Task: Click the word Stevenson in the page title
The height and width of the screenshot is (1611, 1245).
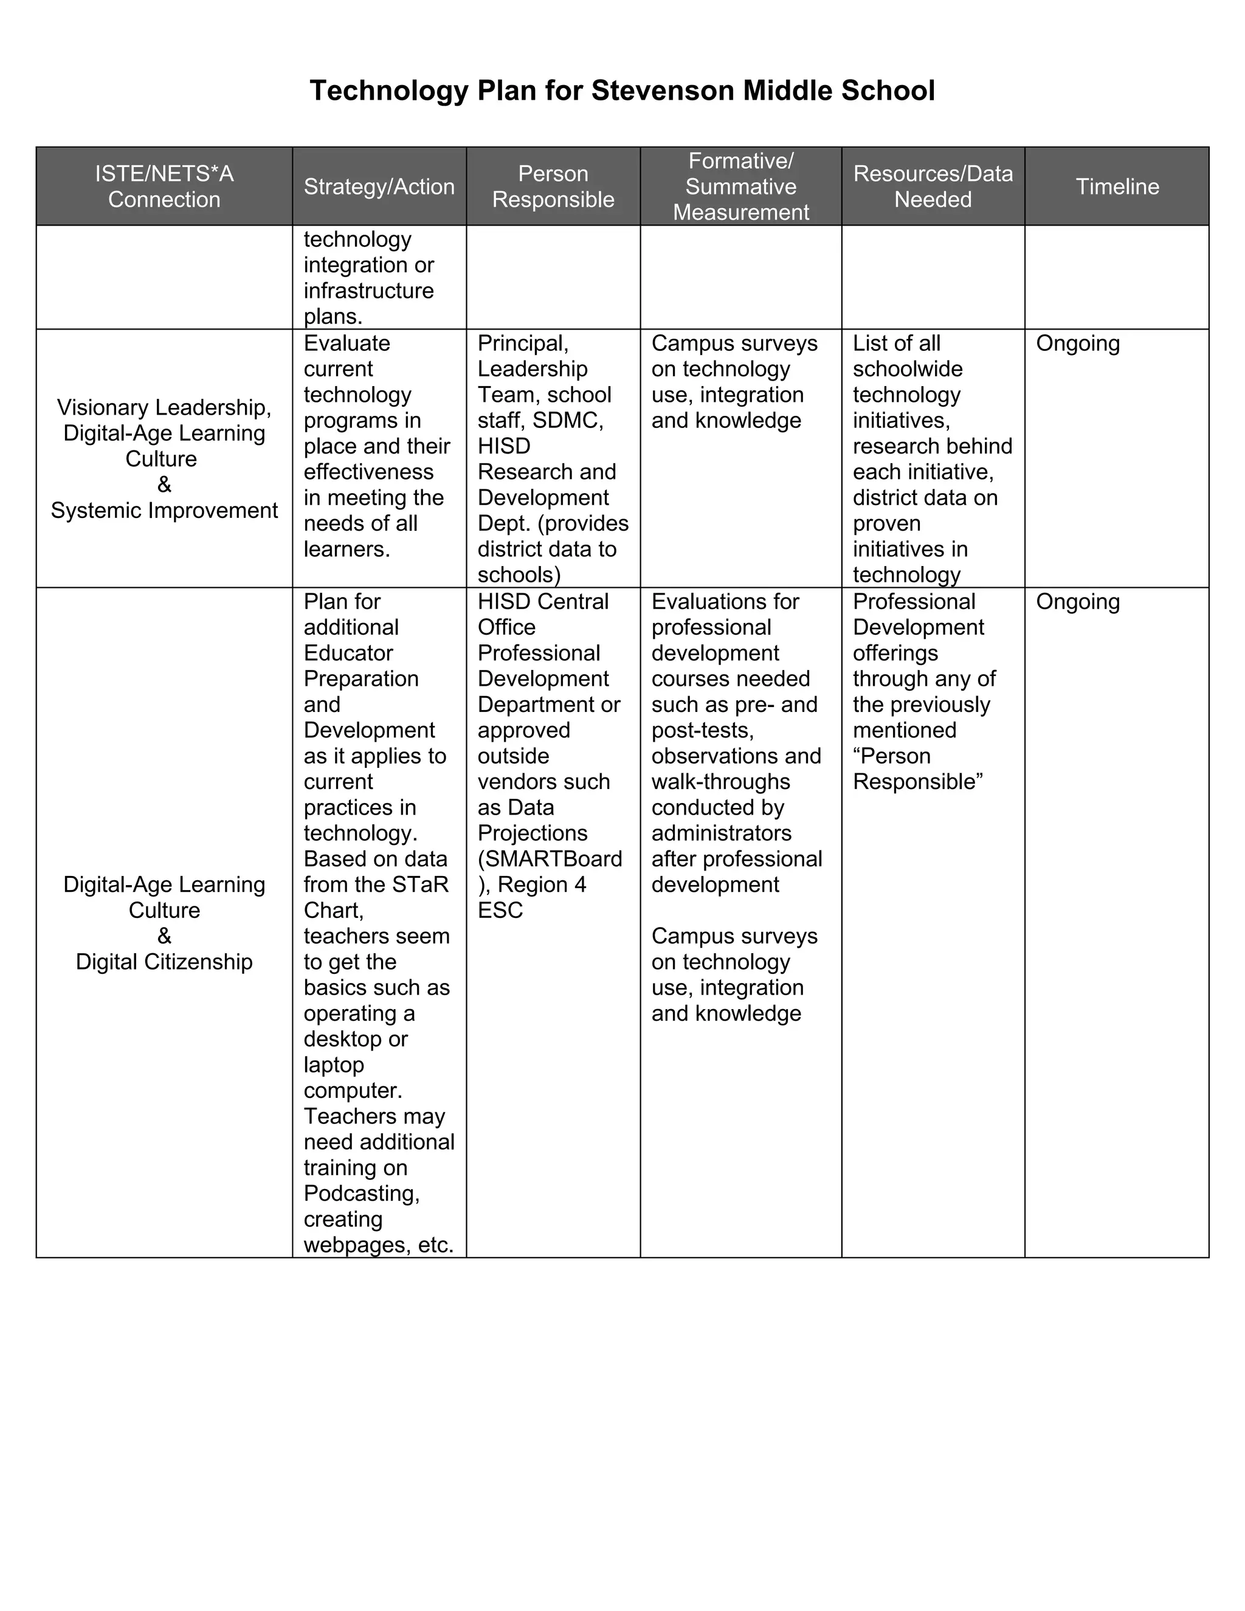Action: tap(663, 91)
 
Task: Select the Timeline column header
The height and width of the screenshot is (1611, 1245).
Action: tap(1117, 187)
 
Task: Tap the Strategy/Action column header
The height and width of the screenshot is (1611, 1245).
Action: tap(379, 187)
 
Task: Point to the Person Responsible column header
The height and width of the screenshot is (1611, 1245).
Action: tap(553, 187)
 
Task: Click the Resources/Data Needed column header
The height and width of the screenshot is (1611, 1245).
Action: tap(933, 187)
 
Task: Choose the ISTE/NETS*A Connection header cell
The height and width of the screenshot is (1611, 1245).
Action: tap(164, 187)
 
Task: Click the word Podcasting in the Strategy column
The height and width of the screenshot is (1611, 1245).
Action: tap(360, 1193)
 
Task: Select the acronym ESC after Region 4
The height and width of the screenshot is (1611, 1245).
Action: tap(500, 910)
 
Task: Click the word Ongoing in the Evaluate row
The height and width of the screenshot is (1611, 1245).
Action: tap(1078, 343)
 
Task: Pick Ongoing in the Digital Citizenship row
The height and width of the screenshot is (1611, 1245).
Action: tap(1078, 601)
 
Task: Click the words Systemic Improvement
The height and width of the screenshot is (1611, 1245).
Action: tap(164, 511)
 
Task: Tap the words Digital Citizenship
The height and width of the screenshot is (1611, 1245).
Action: tap(164, 962)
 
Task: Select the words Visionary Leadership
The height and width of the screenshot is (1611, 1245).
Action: tap(164, 407)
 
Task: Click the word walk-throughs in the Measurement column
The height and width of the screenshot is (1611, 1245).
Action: tap(720, 781)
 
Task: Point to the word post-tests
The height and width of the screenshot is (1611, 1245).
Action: tap(702, 730)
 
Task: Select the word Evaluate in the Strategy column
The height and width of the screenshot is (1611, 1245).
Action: tap(347, 343)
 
